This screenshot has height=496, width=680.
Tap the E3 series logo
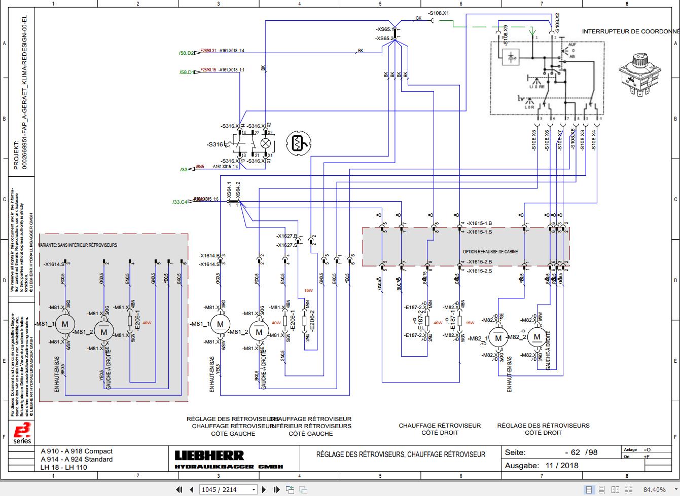click(x=22, y=432)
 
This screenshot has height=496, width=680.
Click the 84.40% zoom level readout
click(x=654, y=489)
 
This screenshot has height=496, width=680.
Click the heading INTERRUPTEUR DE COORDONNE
click(x=630, y=31)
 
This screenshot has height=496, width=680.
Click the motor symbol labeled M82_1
click(x=498, y=338)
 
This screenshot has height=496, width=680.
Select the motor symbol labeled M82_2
click(x=536, y=336)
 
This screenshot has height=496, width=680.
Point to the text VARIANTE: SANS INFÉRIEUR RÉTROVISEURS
click(x=78, y=245)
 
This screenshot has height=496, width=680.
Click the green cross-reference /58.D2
click(x=186, y=53)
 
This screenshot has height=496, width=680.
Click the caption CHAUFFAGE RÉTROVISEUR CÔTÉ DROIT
click(x=440, y=429)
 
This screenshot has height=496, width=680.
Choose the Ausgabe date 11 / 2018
click(x=562, y=465)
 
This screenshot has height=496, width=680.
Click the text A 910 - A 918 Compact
click(x=77, y=451)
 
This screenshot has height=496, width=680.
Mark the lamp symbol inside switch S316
click(x=265, y=143)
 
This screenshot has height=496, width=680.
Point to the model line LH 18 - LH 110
click(x=63, y=467)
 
